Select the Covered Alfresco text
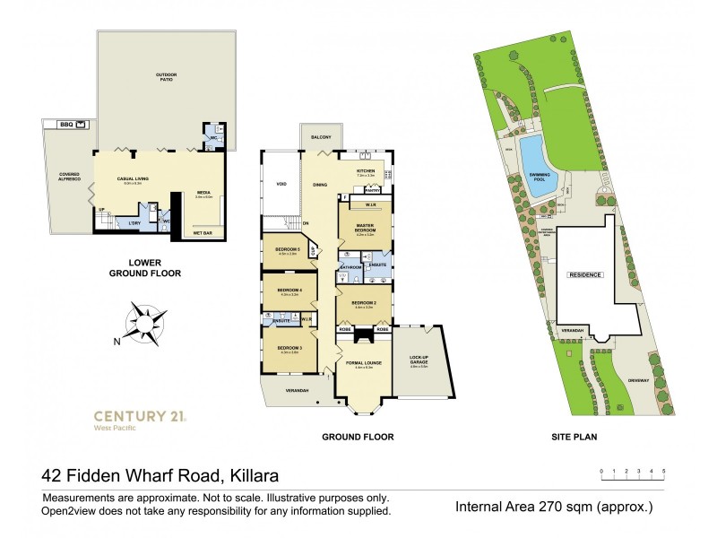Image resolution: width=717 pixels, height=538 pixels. coord(70,178)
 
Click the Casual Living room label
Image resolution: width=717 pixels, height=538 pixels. coord(133,178)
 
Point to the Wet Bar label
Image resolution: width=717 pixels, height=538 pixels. coord(203,232)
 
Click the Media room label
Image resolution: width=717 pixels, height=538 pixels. coord(203,195)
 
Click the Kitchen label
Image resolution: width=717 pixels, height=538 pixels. coord(365,170)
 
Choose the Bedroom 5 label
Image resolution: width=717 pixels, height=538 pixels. coord(286,251)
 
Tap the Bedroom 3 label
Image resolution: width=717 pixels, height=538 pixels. coord(288,348)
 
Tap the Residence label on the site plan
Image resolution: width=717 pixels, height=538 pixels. coord(584,274)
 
